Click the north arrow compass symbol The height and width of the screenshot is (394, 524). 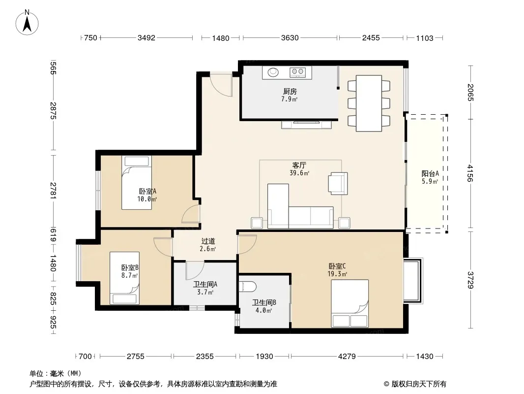pos(27,22)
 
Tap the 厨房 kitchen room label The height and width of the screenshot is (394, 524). pos(290,92)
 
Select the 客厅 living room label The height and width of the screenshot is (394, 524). pos(299,165)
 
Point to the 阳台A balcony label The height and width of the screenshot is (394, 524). pos(430,174)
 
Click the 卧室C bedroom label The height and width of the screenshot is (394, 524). pos(337,266)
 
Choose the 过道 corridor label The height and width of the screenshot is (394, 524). pos(208,241)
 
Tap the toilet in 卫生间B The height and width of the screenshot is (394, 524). pos(248,287)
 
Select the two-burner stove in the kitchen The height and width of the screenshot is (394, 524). pos(297,71)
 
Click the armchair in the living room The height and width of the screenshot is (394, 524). pos(338,183)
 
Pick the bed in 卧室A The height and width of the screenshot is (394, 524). pos(136,183)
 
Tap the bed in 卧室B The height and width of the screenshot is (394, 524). pos(125,278)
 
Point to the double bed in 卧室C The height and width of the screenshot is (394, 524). pos(350,303)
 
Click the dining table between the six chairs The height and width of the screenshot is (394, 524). pos(369,103)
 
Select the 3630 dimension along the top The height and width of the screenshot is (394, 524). pos(290,38)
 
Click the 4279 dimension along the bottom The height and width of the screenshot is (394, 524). pos(347,357)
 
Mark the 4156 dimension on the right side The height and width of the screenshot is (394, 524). pos(470,173)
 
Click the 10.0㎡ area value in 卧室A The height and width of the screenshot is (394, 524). pos(147,199)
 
